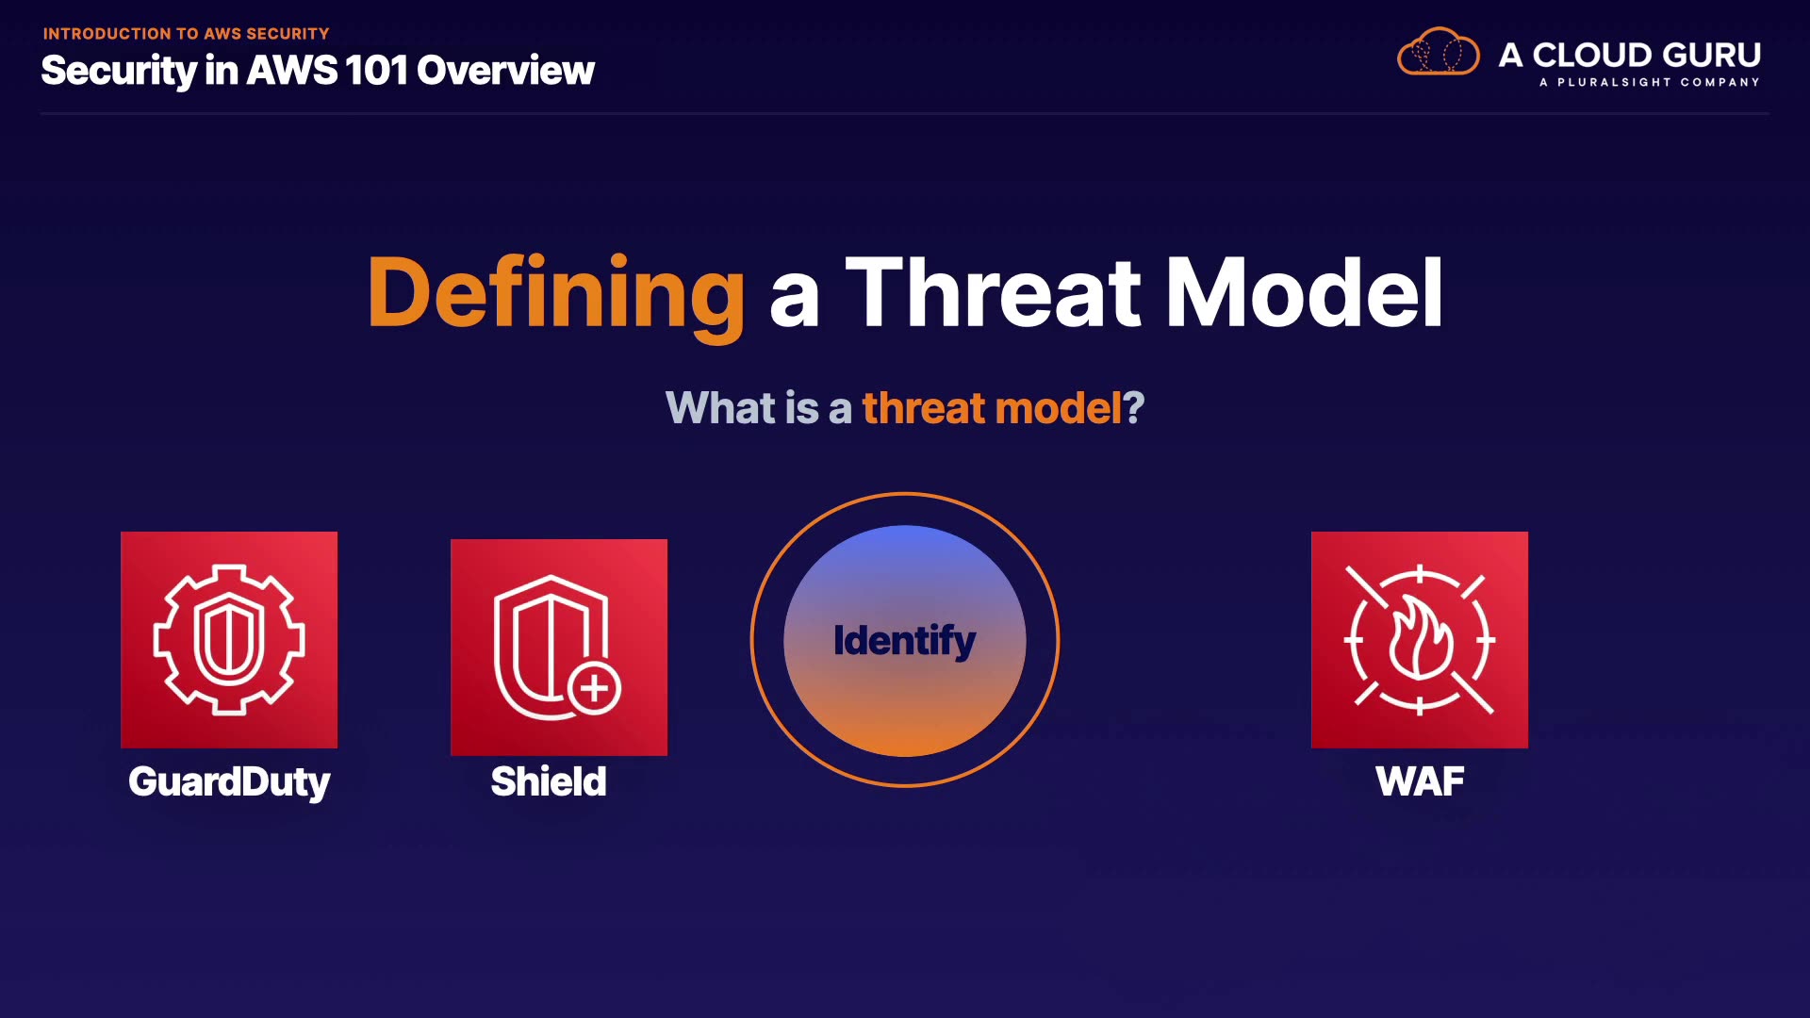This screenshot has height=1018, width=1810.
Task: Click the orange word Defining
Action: click(556, 294)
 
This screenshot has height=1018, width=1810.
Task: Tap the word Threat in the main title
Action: click(993, 293)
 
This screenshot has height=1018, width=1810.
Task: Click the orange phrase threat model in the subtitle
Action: click(992, 408)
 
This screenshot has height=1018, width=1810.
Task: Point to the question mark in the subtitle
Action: click(1133, 408)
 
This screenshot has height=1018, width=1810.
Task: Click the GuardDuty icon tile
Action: click(229, 640)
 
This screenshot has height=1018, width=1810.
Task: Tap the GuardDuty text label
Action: click(229, 782)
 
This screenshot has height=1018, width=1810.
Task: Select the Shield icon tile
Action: click(559, 648)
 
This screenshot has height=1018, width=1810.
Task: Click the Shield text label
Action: click(549, 781)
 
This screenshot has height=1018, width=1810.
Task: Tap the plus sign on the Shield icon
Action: click(595, 688)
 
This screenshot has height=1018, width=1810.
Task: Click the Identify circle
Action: click(905, 640)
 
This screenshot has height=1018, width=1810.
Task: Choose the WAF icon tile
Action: click(1420, 640)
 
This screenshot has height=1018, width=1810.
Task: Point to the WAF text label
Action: click(1420, 781)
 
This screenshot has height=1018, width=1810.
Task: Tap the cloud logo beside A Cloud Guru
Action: click(1439, 52)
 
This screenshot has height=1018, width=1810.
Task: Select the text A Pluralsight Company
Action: click(1650, 83)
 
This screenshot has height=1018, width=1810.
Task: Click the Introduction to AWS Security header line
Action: click(186, 34)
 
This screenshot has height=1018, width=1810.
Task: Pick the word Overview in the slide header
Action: click(506, 71)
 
